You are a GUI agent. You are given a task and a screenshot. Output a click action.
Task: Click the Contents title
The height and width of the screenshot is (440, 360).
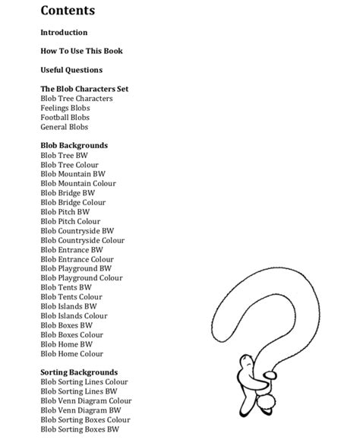click(68, 11)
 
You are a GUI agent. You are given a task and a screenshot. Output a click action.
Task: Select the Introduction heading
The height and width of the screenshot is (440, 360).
click(64, 33)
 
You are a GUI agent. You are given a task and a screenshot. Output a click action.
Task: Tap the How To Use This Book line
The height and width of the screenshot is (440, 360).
click(81, 51)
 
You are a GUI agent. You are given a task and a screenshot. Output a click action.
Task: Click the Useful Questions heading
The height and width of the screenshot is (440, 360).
click(71, 70)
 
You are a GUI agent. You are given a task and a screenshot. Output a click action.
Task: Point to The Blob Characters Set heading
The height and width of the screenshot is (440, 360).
click(84, 89)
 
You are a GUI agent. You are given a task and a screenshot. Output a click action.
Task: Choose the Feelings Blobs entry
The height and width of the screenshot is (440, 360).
click(65, 108)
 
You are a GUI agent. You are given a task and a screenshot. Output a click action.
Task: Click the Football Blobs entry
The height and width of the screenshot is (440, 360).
click(65, 118)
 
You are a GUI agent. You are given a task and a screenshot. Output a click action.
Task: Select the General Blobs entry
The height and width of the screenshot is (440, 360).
click(65, 127)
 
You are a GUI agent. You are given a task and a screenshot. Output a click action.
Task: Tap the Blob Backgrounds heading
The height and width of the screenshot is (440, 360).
click(74, 145)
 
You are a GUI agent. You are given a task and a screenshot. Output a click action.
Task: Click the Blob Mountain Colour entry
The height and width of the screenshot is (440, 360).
click(78, 183)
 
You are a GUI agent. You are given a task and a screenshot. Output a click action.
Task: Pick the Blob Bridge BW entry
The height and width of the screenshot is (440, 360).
click(68, 193)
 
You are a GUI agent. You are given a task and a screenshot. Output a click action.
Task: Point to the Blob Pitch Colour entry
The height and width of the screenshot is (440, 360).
click(71, 221)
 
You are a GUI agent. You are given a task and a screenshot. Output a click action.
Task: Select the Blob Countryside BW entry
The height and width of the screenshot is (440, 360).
click(77, 231)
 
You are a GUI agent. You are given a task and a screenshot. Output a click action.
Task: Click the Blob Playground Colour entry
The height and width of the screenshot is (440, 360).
click(81, 278)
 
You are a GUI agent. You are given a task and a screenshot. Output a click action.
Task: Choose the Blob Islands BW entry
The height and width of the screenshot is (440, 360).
click(69, 306)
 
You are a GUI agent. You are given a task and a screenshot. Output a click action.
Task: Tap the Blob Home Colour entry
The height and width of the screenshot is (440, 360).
click(72, 353)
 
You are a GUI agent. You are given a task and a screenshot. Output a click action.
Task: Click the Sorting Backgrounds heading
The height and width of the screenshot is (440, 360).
click(78, 372)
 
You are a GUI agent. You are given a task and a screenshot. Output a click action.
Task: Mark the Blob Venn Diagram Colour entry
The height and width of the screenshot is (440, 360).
click(86, 400)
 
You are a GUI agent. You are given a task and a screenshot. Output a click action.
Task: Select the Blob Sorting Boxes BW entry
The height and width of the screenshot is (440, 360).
click(80, 429)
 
